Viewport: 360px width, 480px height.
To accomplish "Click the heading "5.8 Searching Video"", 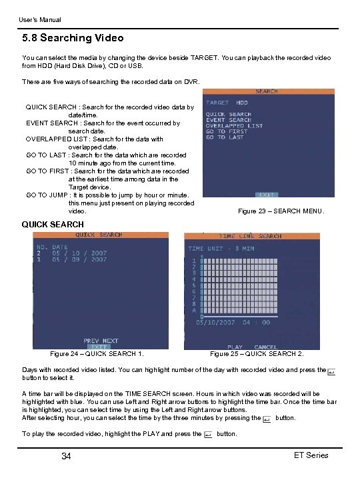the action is point(73,38).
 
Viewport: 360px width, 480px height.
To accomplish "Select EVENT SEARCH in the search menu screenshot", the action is point(228,120).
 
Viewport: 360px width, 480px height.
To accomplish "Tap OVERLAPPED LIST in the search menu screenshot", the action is point(234,126).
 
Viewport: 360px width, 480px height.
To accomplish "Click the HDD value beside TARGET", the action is point(242,103).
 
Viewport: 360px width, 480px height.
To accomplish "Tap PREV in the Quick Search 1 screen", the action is point(91,341).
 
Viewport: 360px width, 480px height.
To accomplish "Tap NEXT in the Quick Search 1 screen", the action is point(109,341).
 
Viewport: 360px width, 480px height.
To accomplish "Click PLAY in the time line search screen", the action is point(235,347).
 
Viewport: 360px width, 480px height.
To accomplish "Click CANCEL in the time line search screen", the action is point(265,347).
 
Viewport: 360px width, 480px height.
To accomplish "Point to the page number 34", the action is point(66,456).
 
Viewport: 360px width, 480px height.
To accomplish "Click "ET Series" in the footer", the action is point(311,455).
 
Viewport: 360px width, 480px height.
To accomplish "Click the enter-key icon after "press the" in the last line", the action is point(207,434).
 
